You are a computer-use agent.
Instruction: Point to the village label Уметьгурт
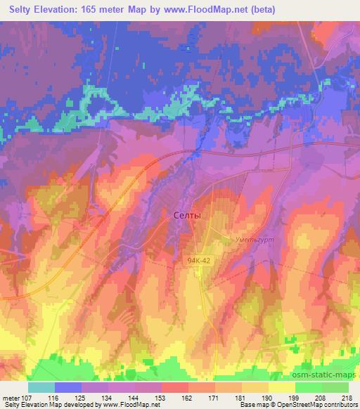click(x=254, y=239)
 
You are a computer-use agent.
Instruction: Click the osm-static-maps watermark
click(x=328, y=372)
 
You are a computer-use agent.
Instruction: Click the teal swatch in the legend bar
click(x=41, y=387)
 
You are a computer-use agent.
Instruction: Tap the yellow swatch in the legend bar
click(x=281, y=387)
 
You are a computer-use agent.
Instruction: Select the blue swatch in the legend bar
click(x=68, y=387)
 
